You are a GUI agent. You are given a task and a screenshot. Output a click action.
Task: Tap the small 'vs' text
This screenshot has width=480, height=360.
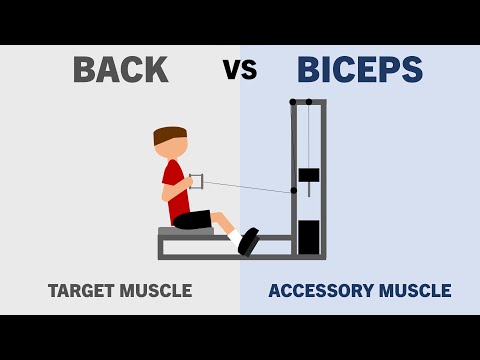(x=240, y=70)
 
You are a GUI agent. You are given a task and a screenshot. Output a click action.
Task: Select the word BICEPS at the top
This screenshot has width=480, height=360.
(x=360, y=70)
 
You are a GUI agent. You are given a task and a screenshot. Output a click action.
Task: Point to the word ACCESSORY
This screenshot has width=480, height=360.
(x=317, y=291)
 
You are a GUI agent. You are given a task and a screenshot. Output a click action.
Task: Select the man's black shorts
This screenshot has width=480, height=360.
(x=193, y=219)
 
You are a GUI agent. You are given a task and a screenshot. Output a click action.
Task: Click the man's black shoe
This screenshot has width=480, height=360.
(x=248, y=241)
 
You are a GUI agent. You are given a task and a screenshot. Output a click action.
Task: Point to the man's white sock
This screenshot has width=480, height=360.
(x=235, y=237)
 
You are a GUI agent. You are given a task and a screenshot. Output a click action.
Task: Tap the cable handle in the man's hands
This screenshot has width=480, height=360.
(x=196, y=181)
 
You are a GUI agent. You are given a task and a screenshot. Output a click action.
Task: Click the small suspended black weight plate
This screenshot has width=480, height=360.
(x=309, y=175)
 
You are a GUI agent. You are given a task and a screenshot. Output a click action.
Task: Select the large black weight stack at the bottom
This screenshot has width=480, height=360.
(x=309, y=237)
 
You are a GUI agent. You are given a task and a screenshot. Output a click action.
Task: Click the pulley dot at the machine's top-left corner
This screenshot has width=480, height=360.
(x=293, y=102)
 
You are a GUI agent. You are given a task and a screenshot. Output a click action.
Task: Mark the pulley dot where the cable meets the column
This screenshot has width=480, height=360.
(x=294, y=190)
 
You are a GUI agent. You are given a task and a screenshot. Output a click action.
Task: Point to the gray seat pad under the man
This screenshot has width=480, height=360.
(x=185, y=232)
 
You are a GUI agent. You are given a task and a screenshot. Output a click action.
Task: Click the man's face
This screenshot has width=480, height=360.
(x=176, y=148)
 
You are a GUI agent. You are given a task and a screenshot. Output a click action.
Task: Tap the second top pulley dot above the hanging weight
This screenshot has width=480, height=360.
(x=309, y=102)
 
